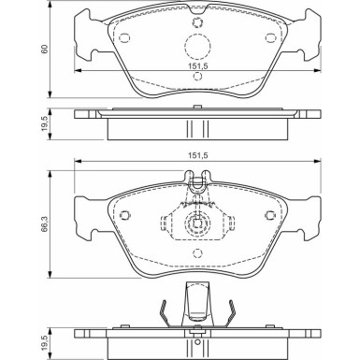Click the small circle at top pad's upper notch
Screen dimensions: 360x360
tap(197, 21)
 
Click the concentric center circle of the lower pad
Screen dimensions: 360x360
tap(197, 224)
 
